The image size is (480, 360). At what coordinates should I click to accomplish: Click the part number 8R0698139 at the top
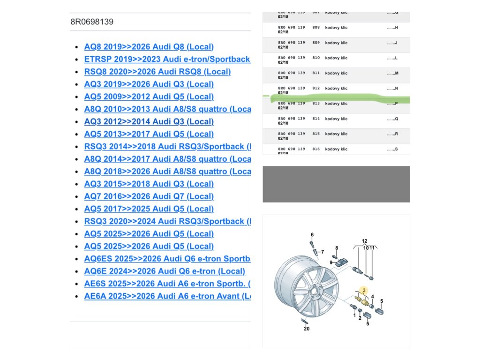coord(92,22)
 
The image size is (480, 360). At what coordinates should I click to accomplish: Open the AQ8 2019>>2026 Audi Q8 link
coord(149,47)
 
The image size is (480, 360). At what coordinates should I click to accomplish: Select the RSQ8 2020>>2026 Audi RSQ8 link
coord(157,72)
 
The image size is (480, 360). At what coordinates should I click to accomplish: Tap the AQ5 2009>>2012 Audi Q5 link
coord(149,97)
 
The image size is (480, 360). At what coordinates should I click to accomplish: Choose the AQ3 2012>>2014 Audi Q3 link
coord(149,121)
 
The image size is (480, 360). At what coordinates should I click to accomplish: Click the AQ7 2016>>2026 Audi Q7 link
coord(149,196)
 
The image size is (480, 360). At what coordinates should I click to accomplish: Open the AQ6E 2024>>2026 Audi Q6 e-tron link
coord(164,271)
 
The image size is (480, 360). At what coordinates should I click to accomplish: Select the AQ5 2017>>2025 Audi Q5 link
coord(149,209)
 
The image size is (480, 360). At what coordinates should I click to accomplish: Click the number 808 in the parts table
coord(316,28)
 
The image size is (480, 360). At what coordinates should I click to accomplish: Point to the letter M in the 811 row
coord(396,73)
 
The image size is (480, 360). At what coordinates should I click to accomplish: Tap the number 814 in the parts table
coord(316,119)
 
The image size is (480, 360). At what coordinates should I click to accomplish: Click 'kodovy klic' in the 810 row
coord(337,58)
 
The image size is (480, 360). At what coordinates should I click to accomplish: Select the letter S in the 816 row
coord(396,149)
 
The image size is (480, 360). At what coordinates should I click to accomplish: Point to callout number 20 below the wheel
coord(307,329)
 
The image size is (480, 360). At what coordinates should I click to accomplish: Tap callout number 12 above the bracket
coord(364,241)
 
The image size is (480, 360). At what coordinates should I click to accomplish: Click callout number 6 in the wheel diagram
coord(312,234)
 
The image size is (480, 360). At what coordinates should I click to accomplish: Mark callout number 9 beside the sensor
coord(331,262)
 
